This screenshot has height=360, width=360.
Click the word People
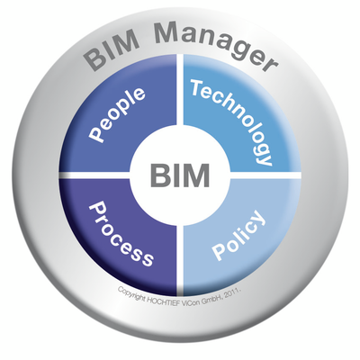[x=117, y=115]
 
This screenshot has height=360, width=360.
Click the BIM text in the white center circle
[x=180, y=175]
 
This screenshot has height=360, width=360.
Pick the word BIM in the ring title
[x=111, y=51]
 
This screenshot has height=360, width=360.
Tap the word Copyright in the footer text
[x=131, y=294]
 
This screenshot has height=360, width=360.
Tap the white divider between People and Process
[x=95, y=175]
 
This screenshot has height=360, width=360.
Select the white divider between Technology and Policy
[x=265, y=175]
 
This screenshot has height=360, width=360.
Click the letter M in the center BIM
[x=196, y=175]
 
